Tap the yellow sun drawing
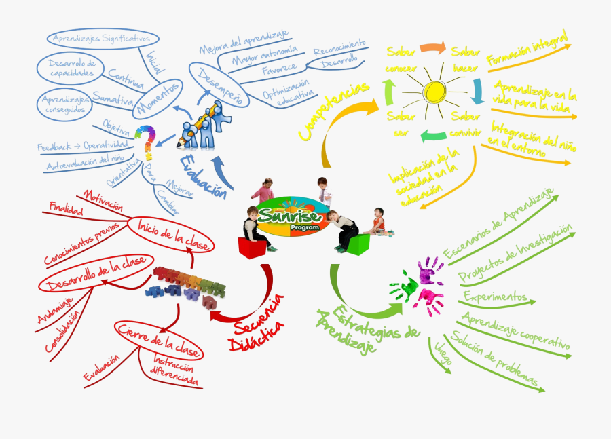pos(432,91)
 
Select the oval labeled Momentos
pos(157,99)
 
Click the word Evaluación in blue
pos(204,176)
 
